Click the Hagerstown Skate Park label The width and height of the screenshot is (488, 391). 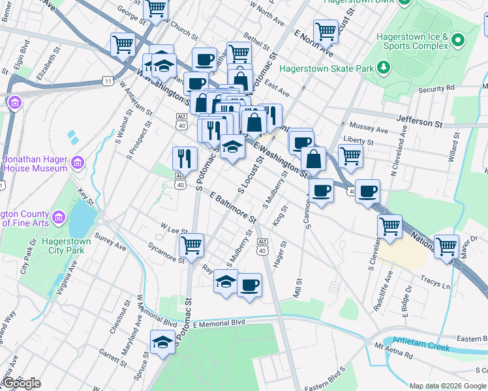coord(327,68)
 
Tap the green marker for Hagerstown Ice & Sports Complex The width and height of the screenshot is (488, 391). coord(458,41)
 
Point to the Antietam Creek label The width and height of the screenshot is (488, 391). coord(422,347)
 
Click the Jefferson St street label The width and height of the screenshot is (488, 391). coord(420,122)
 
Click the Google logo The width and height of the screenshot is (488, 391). coord(21,383)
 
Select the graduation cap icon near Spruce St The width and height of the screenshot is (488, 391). coord(162,341)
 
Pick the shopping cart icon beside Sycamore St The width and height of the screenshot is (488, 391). coord(192,245)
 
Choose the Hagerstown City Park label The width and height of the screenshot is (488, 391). coord(65,246)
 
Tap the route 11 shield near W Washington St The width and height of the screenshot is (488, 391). coord(107,80)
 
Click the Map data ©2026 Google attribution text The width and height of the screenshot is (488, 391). coord(448,385)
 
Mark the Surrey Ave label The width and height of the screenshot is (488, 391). coord(110,242)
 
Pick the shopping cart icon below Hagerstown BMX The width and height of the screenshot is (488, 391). coord(325,31)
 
